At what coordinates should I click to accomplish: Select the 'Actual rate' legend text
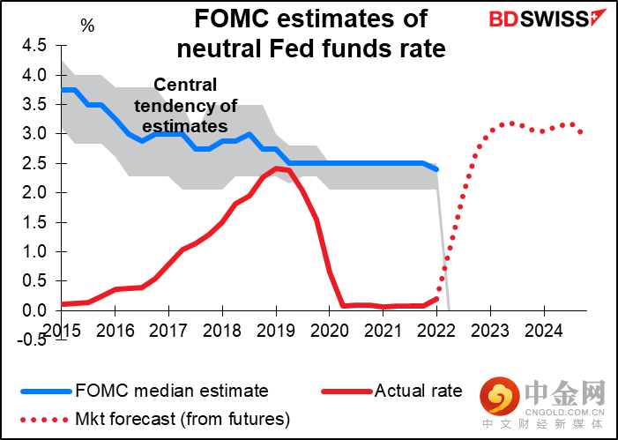point(418,389)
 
